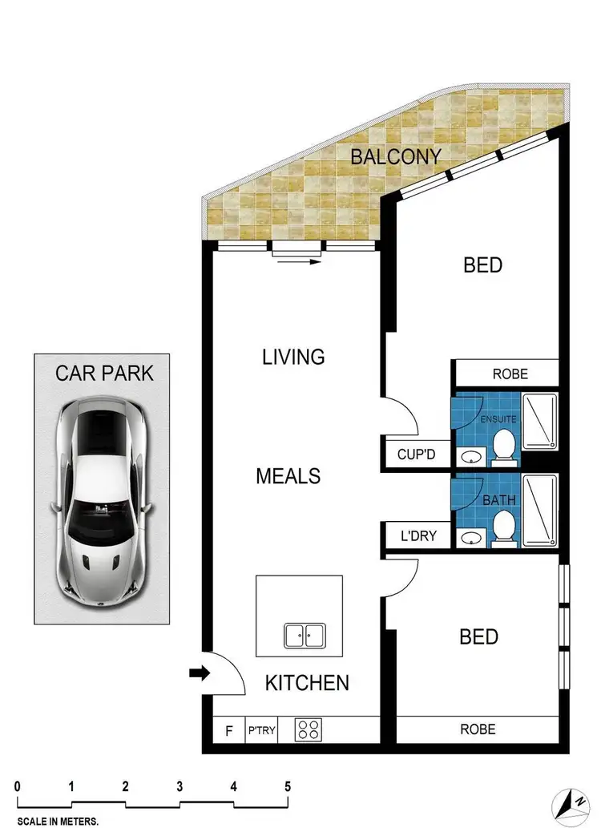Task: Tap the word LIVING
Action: pyautogui.click(x=293, y=357)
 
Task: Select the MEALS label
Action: pyautogui.click(x=288, y=476)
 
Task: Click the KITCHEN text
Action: pyautogui.click(x=307, y=683)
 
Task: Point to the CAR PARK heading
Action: pyautogui.click(x=104, y=373)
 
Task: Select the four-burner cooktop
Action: pyautogui.click(x=310, y=729)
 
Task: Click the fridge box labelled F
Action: pyautogui.click(x=229, y=730)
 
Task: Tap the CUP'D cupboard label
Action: pyautogui.click(x=416, y=454)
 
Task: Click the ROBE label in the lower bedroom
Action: pyautogui.click(x=478, y=729)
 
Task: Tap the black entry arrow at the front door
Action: pyautogui.click(x=198, y=675)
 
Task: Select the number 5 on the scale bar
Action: pyautogui.click(x=287, y=786)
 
